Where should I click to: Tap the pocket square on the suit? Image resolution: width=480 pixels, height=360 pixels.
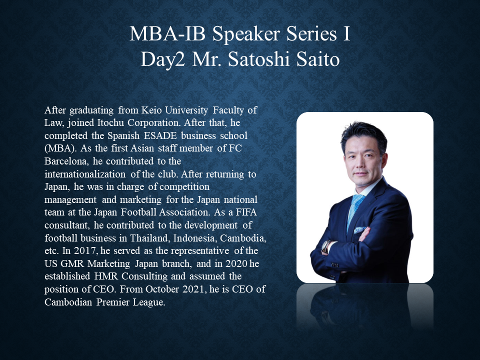point(359,229)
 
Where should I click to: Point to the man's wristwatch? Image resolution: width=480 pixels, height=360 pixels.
point(325,246)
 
